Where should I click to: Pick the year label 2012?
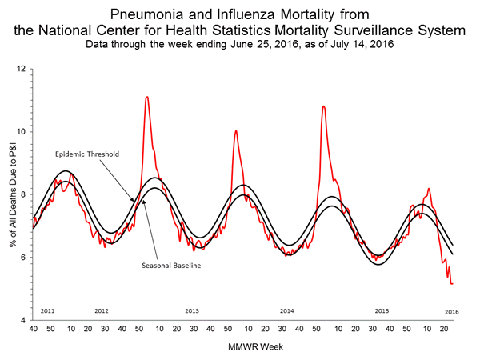click(x=102, y=310)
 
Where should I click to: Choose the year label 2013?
click(x=192, y=310)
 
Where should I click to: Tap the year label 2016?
click(x=452, y=310)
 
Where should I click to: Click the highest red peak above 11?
click(x=146, y=97)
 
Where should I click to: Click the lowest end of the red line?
click(x=452, y=283)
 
